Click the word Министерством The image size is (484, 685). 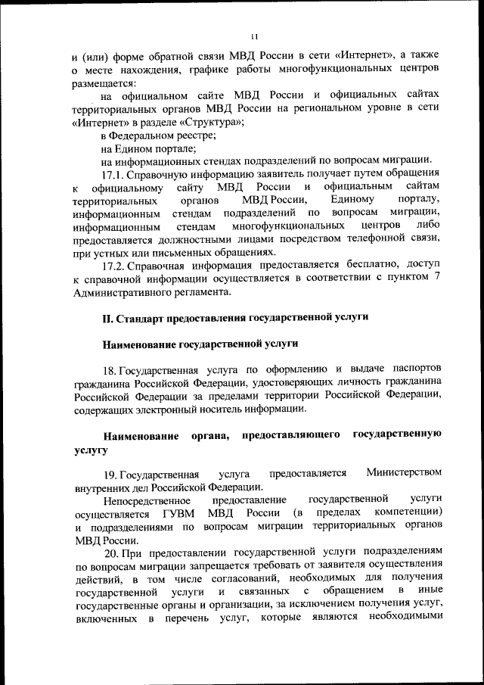pos(403,473)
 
